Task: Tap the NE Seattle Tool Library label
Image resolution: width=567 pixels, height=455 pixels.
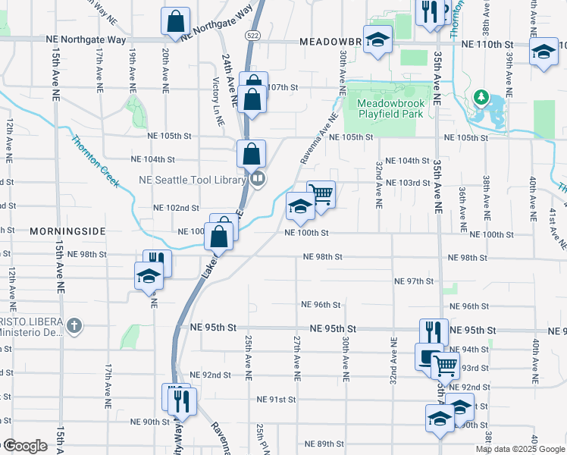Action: click(x=193, y=180)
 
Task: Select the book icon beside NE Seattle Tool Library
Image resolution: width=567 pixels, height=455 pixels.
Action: click(x=258, y=180)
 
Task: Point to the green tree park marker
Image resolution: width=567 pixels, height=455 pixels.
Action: click(x=480, y=97)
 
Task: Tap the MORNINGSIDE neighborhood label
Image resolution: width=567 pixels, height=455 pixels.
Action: click(x=65, y=231)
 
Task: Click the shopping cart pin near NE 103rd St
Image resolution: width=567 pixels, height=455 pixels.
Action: click(x=321, y=194)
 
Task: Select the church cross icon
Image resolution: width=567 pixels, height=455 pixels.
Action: click(x=73, y=327)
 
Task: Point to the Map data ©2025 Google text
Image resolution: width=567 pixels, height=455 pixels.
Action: click(x=520, y=449)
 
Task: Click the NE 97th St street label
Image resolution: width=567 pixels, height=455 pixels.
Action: click(x=413, y=281)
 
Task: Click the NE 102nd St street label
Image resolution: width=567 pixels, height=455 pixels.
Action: click(x=176, y=208)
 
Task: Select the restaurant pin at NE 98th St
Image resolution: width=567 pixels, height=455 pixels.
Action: click(x=157, y=263)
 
